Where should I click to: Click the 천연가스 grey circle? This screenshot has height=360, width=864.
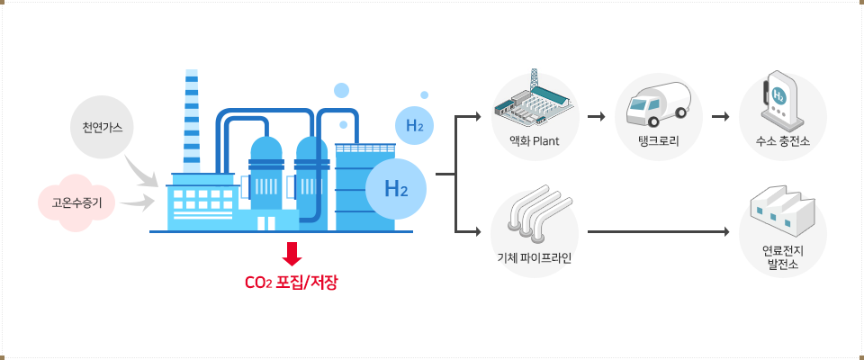tap(102, 127)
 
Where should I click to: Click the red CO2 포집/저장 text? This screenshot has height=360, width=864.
tap(292, 283)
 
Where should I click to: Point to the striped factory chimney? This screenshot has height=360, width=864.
tap(192, 121)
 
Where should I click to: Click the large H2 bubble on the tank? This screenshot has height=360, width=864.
tap(396, 189)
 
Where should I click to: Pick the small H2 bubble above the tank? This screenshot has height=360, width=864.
tap(414, 126)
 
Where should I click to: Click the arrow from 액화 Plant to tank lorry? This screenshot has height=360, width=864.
tap(594, 117)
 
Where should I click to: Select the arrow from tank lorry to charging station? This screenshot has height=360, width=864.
tap(718, 117)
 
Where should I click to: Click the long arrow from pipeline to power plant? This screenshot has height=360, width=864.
tap(657, 232)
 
